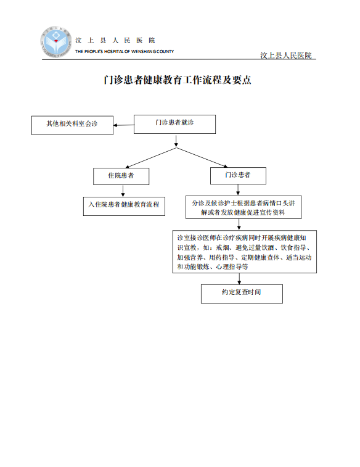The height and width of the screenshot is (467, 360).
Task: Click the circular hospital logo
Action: point(56,42)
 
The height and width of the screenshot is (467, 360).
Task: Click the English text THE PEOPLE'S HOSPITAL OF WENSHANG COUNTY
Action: point(125,52)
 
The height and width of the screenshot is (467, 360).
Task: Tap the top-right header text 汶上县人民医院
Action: point(286,56)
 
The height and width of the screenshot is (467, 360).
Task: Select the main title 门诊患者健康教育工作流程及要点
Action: point(178,80)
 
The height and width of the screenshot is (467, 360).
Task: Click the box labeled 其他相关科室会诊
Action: point(72,125)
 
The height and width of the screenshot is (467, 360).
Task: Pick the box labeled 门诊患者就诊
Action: point(174,124)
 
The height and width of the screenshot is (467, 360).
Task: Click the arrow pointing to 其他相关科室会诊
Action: point(123,125)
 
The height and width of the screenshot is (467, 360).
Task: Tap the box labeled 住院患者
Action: point(121,176)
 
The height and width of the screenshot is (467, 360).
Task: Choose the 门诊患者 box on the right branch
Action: point(238,176)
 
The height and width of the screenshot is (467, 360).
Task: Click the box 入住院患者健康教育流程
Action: point(124,206)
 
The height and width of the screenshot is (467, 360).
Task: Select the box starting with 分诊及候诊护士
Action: point(243,207)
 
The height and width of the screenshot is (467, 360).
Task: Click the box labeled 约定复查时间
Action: point(242,294)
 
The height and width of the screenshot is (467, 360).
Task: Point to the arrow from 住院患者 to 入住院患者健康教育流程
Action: point(123,191)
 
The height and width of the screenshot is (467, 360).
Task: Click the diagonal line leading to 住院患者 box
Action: point(151,158)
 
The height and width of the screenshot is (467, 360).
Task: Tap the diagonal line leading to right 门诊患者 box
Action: point(202,157)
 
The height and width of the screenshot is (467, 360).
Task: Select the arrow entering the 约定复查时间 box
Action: point(239,279)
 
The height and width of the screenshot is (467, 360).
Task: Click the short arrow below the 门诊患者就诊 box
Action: point(176,141)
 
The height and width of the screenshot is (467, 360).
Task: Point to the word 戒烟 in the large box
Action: point(223,247)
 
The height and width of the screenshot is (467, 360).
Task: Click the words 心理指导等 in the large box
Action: point(232,267)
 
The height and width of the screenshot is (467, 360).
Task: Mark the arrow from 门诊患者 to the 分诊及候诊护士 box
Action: point(238,190)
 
